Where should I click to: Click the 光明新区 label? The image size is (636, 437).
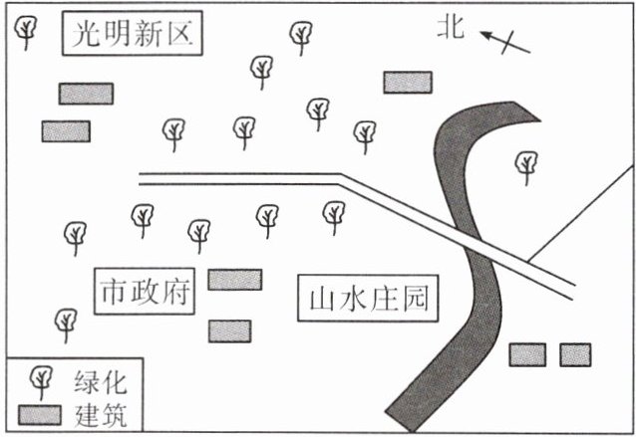point(132,35)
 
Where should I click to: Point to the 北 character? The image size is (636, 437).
point(451,30)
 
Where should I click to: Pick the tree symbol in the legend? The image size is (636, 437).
point(42,379)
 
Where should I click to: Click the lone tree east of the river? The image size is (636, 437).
point(525,166)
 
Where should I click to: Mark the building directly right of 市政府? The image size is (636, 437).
point(234,280)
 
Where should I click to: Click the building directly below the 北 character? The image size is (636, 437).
point(408,82)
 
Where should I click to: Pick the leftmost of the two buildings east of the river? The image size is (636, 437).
point(527,353)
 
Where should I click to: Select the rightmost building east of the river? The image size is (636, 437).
point(575,353)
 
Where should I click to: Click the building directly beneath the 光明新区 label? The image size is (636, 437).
point(86,94)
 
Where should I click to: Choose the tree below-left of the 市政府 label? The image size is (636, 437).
point(66,322)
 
